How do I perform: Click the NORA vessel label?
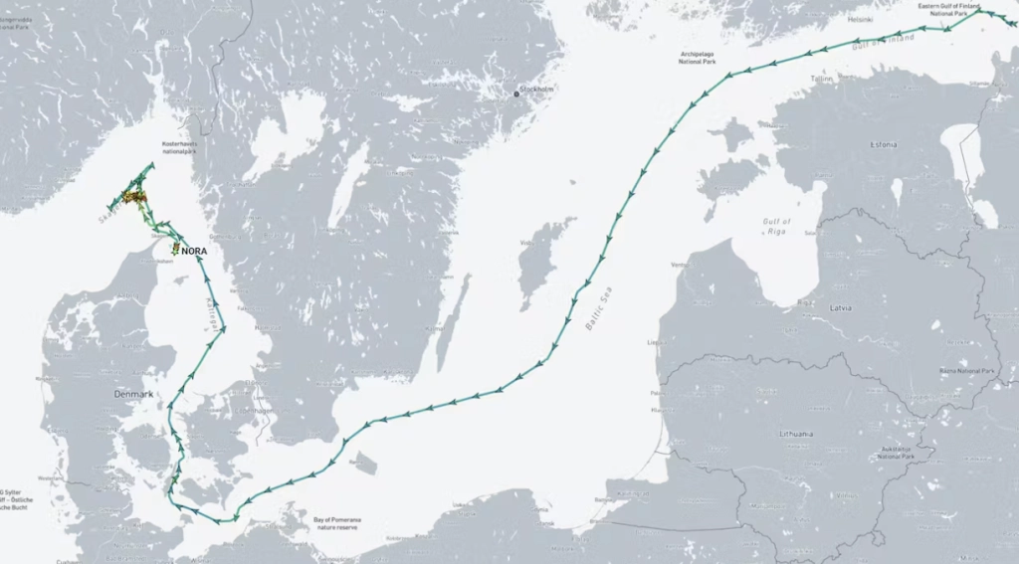[194, 252]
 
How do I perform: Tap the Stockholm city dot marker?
[517, 94]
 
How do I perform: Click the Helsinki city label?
[859, 19]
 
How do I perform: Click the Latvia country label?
[840, 308]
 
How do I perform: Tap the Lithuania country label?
[796, 434]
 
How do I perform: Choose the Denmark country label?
[133, 394]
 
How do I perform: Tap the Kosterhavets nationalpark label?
[186, 147]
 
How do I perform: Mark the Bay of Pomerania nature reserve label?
[336, 524]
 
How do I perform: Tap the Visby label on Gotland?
[526, 242]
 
